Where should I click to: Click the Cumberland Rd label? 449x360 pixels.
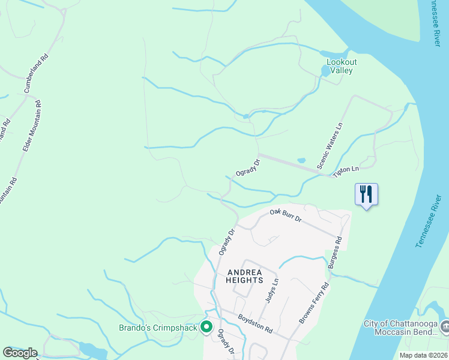35,74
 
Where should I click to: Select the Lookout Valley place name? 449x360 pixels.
342,66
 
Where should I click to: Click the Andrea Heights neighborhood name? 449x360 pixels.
245,276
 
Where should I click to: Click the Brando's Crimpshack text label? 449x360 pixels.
158,328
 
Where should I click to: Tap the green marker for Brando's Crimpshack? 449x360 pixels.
206,327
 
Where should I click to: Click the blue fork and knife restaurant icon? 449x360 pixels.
366,194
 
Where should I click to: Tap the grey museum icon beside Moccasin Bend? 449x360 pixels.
445,326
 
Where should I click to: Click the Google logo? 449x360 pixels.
20,353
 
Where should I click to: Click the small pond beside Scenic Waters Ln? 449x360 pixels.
301,161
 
